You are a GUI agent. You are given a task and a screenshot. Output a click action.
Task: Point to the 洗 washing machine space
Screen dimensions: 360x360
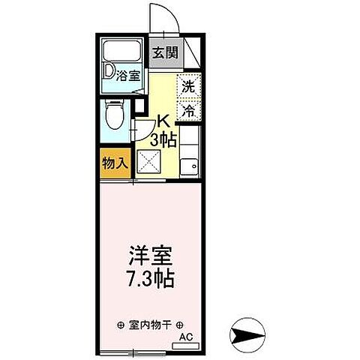click(190, 85)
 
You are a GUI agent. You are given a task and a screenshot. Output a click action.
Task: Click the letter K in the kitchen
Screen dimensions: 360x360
click(162, 120)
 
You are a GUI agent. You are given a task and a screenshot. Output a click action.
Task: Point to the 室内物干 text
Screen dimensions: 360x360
click(150, 325)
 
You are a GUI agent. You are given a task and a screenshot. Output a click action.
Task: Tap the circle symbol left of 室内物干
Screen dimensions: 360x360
click(120, 325)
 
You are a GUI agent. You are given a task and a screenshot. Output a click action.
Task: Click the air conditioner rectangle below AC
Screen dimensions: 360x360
click(186, 346)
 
